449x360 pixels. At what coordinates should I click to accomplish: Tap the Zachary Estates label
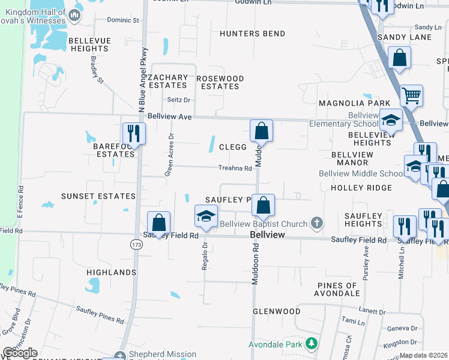coord(168,82)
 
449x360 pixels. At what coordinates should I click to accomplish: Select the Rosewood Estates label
coord(221,82)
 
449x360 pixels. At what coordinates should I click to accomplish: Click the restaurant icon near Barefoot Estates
coord(133,133)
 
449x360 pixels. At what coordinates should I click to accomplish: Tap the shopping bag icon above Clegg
coord(261,130)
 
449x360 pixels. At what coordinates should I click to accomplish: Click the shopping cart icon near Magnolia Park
coord(411,95)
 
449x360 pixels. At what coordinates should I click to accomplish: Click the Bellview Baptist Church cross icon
coord(317,224)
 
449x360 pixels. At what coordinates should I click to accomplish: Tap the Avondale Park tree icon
coord(311,344)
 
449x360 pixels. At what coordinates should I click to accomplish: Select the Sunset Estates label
coord(98,196)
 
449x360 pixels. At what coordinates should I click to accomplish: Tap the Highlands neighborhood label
coord(112,272)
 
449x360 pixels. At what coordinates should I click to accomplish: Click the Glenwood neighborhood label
coord(276,311)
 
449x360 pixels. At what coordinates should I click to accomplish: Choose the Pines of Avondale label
coord(337,290)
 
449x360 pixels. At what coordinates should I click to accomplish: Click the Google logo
coord(20,353)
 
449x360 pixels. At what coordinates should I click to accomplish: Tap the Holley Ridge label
coord(361,188)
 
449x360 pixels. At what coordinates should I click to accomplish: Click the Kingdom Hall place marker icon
coord(74,16)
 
